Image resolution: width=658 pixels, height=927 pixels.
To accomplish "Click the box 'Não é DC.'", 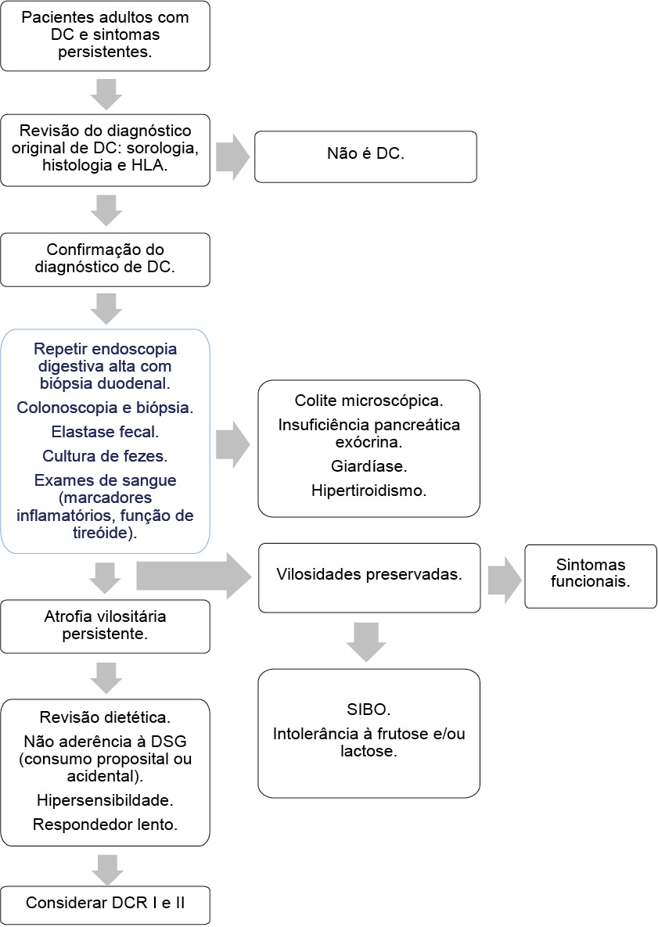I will click(x=365, y=156).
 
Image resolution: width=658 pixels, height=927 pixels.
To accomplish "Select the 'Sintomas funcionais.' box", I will click(x=590, y=576).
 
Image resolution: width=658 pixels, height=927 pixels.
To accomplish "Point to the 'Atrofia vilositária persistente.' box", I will click(x=105, y=626).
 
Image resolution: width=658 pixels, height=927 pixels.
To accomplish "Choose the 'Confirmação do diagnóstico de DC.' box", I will click(x=105, y=259).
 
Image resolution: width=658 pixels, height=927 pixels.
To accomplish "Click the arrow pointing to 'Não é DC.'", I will click(x=232, y=156).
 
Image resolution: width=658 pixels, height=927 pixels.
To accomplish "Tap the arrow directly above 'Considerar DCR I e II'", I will click(x=106, y=868).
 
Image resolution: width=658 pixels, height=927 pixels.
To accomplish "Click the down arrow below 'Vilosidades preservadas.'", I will click(x=366, y=641).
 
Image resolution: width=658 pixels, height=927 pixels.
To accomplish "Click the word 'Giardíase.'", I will click(x=369, y=466).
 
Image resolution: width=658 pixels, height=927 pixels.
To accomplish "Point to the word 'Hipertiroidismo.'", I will click(x=369, y=490).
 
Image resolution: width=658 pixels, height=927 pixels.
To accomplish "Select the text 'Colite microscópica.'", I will click(x=369, y=401).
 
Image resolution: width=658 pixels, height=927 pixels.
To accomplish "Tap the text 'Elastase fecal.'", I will click(x=105, y=431).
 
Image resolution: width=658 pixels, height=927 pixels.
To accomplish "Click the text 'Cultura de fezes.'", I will click(x=105, y=455).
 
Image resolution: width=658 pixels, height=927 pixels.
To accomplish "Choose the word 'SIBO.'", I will click(x=369, y=710).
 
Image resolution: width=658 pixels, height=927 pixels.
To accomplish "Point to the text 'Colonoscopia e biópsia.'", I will click(x=105, y=408).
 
